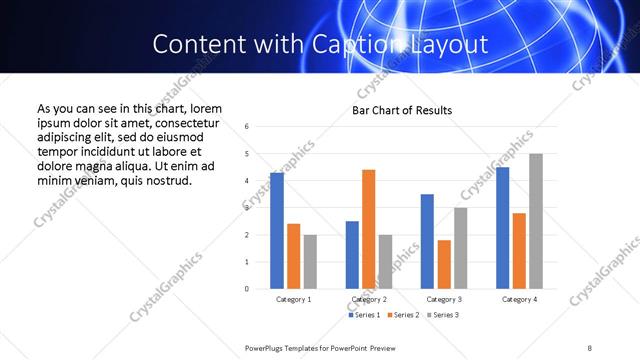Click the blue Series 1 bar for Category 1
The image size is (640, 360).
(277, 231)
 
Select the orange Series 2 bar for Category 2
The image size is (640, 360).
(368, 229)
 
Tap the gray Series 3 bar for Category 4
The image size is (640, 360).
(536, 221)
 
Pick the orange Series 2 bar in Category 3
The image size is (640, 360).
(444, 264)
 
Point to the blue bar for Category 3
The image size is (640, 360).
(427, 241)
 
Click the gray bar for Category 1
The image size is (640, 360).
(310, 262)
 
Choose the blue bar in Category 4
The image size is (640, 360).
(503, 228)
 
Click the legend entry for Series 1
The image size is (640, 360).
(362, 315)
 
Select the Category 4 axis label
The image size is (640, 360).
(519, 299)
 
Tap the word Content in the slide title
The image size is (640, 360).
(196, 45)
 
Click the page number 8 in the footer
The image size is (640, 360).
(590, 347)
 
